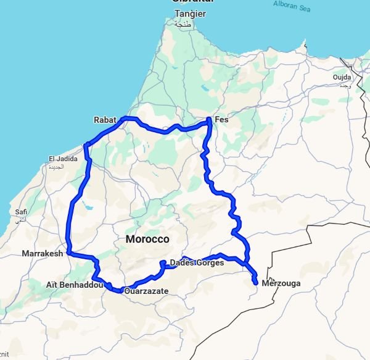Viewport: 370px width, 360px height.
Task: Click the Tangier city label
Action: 190,14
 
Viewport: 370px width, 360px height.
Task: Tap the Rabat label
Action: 105,120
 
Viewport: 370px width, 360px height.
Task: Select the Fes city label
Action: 221,120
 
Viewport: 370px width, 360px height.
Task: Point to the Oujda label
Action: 342,77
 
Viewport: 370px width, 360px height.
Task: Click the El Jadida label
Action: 64,159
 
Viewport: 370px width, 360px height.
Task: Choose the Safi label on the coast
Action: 21,212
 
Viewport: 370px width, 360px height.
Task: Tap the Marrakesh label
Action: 43,254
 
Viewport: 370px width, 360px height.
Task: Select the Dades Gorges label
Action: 196,263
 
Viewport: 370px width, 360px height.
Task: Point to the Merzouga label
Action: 281,283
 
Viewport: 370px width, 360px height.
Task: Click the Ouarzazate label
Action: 146,291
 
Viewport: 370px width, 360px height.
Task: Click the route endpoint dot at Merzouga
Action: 255,283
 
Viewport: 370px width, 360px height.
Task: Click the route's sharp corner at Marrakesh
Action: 69,253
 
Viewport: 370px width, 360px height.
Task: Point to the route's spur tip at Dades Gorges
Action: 162,263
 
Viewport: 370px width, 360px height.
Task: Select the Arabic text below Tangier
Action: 184,23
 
